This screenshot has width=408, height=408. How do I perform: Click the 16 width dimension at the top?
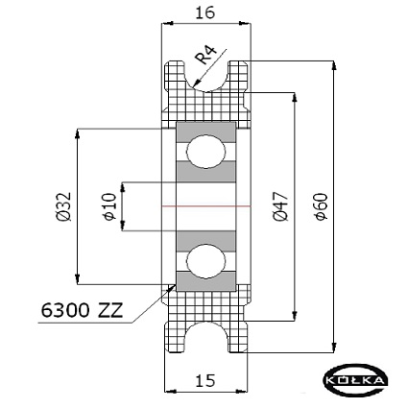(x=205, y=12)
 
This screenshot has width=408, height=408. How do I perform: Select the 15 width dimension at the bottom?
(x=205, y=380)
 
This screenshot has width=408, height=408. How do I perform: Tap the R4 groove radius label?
(x=206, y=55)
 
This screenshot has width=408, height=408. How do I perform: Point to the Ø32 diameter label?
(x=63, y=206)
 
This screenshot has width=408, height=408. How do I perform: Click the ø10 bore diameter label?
(x=109, y=206)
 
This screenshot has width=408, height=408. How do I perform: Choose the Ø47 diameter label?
(x=281, y=206)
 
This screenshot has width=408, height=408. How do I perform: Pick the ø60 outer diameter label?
(x=321, y=206)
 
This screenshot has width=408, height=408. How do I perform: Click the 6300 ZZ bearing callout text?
(x=82, y=310)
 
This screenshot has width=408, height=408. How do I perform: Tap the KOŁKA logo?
(x=356, y=380)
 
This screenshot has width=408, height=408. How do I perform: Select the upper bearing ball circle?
(x=206, y=151)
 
